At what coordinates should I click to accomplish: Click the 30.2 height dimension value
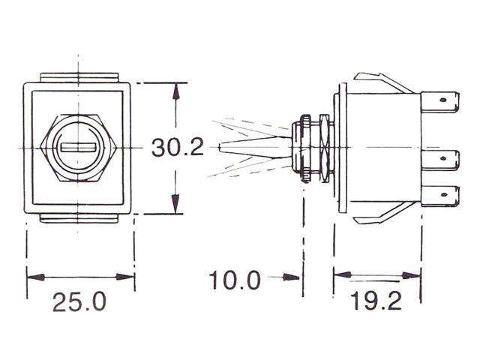pos(178,147)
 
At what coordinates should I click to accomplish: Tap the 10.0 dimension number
pos(234,280)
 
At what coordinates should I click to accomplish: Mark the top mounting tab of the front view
pos(79,76)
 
